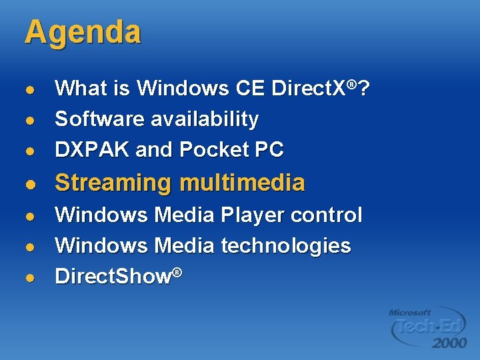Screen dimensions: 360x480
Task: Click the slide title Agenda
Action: [83, 33]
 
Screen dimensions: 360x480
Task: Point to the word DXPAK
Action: [92, 150]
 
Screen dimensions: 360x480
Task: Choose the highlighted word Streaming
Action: [114, 183]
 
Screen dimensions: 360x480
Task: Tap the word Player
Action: [253, 215]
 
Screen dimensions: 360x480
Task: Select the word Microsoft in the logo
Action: [410, 312]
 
